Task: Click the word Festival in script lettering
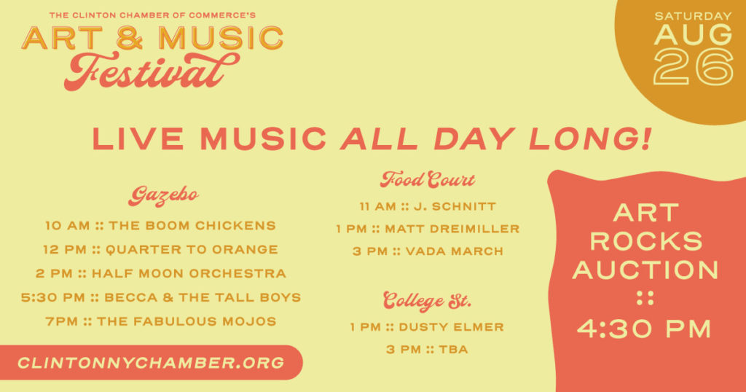152,72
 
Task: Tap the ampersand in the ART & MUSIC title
129,38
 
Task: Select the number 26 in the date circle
694,68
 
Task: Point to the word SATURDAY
693,16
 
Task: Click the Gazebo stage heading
163,196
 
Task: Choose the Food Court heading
427,180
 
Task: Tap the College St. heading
427,301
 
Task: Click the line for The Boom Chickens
160,225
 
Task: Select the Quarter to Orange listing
160,249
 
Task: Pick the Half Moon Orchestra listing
161,273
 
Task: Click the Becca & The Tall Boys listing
161,297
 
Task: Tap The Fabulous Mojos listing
161,321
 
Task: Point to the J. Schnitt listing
427,206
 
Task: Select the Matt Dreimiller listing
427,229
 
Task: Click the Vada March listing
427,251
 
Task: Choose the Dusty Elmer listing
427,327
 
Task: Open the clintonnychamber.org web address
151,363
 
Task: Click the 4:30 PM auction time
645,329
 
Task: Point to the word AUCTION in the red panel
645,270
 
